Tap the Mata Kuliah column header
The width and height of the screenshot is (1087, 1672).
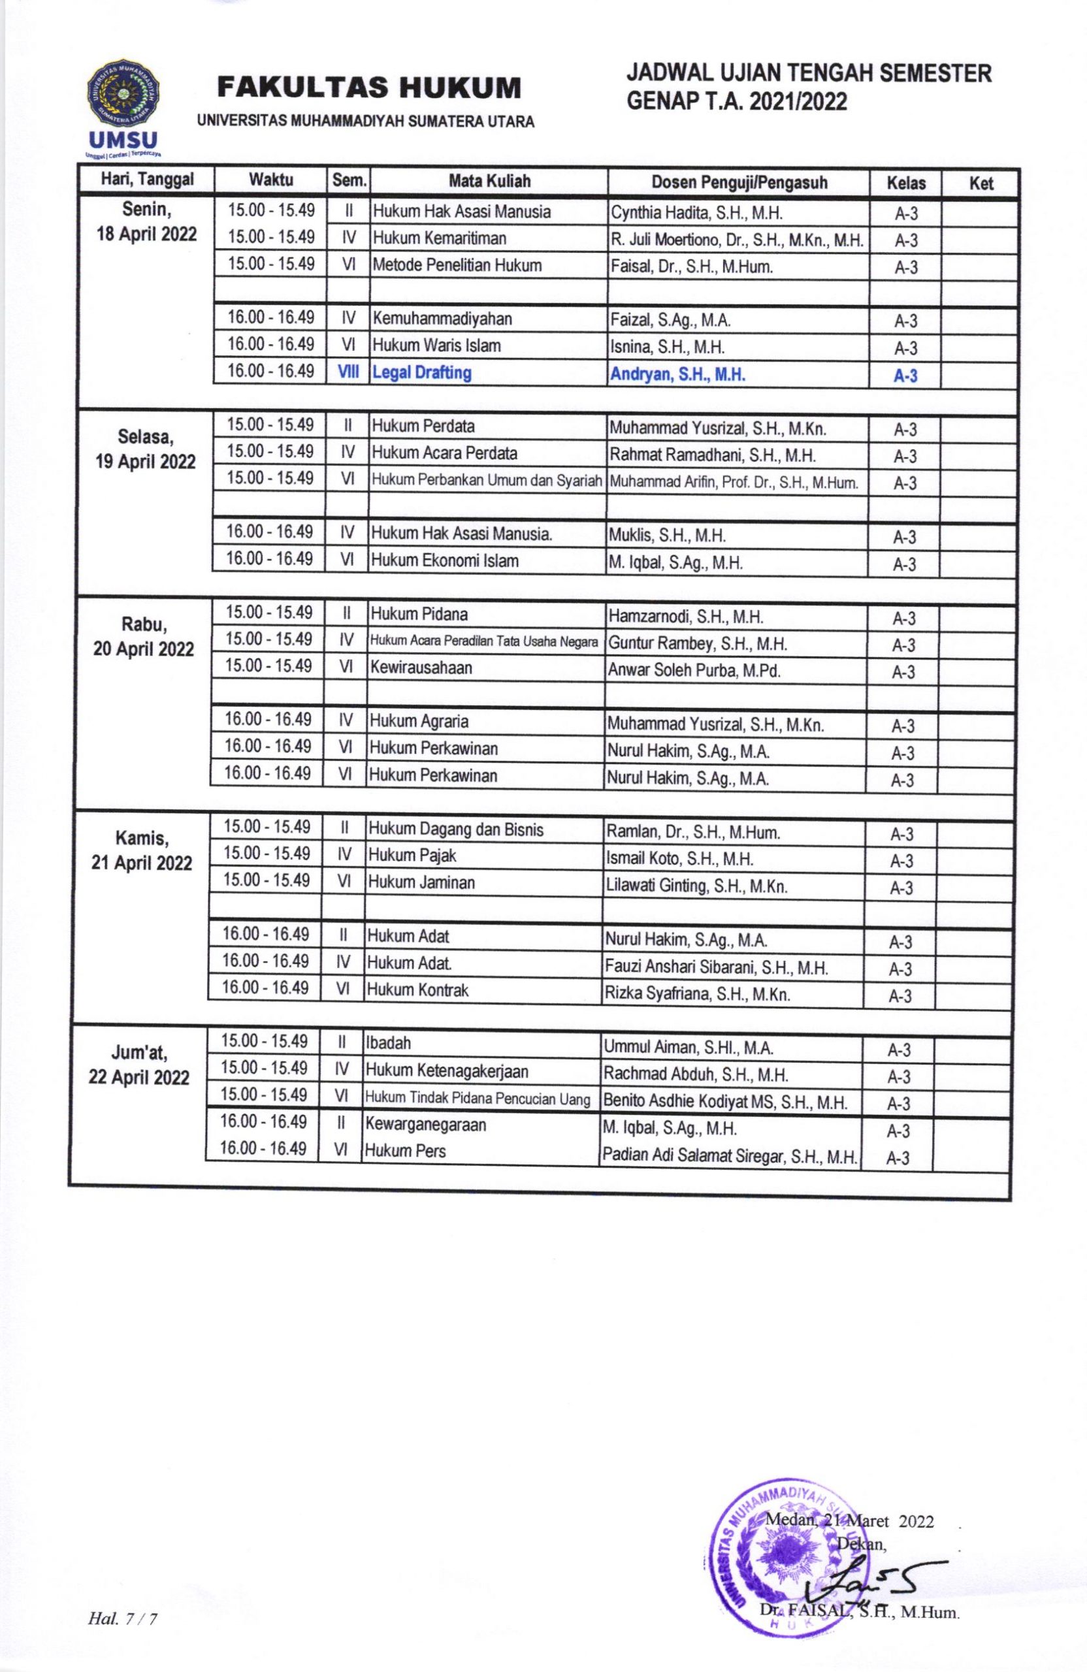coord(489,182)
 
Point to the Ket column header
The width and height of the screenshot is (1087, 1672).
coord(981,184)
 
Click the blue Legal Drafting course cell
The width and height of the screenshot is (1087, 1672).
coord(421,373)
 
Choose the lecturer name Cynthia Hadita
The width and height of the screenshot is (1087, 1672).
coord(696,213)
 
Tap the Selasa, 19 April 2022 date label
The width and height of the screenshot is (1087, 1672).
coord(146,449)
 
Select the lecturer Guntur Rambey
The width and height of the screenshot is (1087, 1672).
coord(697,643)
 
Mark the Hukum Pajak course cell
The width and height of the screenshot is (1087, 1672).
coord(412,856)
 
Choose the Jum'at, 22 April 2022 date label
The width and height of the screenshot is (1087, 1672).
coord(139,1065)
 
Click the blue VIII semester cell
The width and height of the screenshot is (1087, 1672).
coord(348,373)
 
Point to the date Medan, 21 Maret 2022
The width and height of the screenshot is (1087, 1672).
coord(849,1521)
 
